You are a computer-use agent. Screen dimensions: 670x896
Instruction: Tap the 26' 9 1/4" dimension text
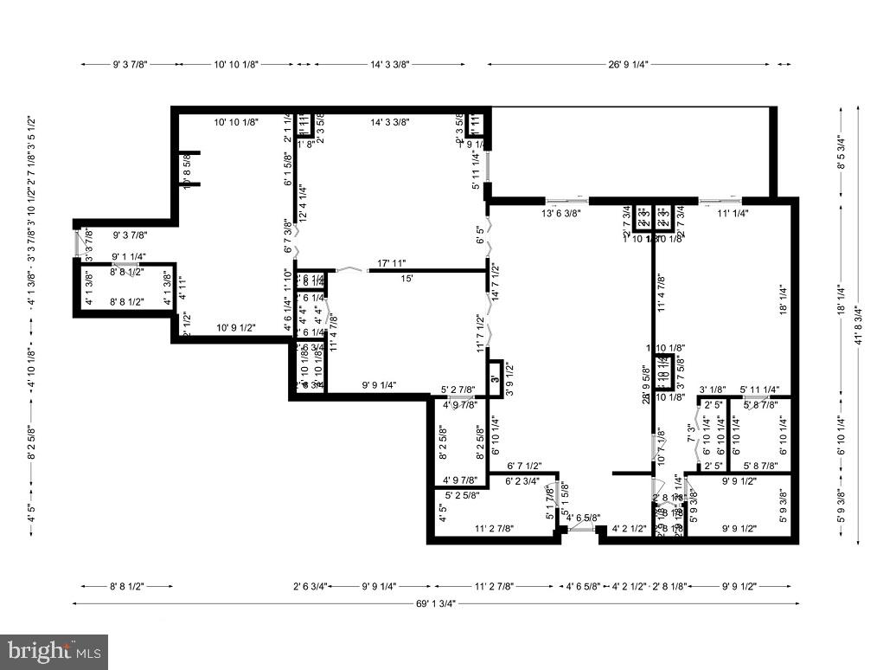pos(629,64)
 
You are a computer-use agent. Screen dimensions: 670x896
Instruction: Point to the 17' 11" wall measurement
pos(392,263)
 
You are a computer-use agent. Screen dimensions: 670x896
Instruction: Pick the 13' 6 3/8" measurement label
pos(561,213)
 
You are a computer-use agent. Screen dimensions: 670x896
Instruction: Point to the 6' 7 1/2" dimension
pos(525,466)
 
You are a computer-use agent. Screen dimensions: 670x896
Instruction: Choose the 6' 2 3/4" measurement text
pos(522,480)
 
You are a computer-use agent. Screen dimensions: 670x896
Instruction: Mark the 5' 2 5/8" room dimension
pos(463,495)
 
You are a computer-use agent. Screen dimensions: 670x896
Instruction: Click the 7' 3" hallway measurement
pos(690,434)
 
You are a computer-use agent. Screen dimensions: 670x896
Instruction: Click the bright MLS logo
pos(54,651)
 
